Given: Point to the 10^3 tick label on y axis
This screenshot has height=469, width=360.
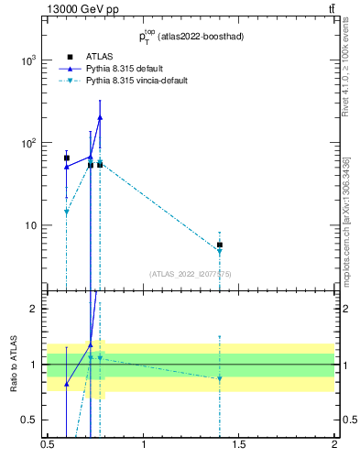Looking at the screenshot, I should [29, 60].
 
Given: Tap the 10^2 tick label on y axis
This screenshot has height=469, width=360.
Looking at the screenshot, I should [29, 143].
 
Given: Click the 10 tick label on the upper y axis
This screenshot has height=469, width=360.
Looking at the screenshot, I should [32, 226].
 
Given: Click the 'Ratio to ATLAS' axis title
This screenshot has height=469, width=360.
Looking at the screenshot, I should [13, 365].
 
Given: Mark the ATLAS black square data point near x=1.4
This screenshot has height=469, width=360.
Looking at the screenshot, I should [220, 245].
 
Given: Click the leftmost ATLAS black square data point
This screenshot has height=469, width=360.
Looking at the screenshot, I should [67, 158].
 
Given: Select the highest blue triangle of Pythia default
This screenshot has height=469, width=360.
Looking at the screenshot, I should [100, 117].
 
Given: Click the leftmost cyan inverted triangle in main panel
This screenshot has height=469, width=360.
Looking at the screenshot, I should [67, 212].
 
